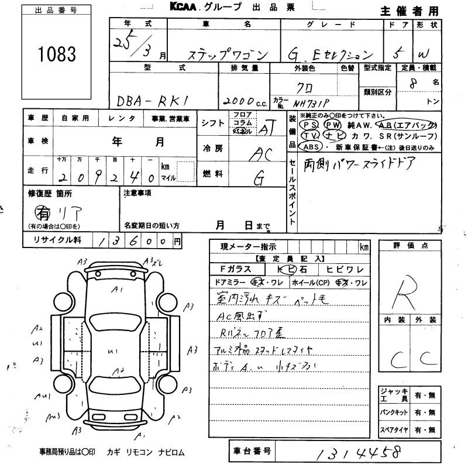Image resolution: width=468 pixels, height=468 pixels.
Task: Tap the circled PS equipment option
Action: (x=309, y=125)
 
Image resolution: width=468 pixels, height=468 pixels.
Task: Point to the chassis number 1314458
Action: (x=347, y=453)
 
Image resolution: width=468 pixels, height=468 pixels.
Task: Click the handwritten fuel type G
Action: (x=256, y=178)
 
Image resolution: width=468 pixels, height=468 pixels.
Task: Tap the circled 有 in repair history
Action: (x=42, y=211)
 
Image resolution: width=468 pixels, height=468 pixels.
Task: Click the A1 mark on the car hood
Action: (x=118, y=289)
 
